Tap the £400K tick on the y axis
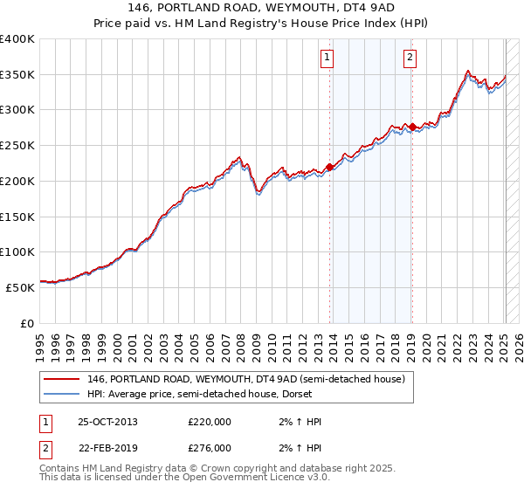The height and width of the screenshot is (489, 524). (17, 39)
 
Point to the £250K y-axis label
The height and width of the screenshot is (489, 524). (17, 146)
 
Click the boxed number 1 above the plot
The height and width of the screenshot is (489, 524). (327, 59)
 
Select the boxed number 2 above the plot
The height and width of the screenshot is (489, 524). (410, 59)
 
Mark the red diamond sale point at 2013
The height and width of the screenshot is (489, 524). (329, 167)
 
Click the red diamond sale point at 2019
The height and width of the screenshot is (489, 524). (412, 127)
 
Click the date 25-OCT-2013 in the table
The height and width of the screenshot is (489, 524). (107, 422)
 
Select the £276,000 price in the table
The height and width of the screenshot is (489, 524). (210, 448)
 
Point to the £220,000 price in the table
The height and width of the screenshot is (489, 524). (210, 422)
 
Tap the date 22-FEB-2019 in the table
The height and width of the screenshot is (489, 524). (107, 448)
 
